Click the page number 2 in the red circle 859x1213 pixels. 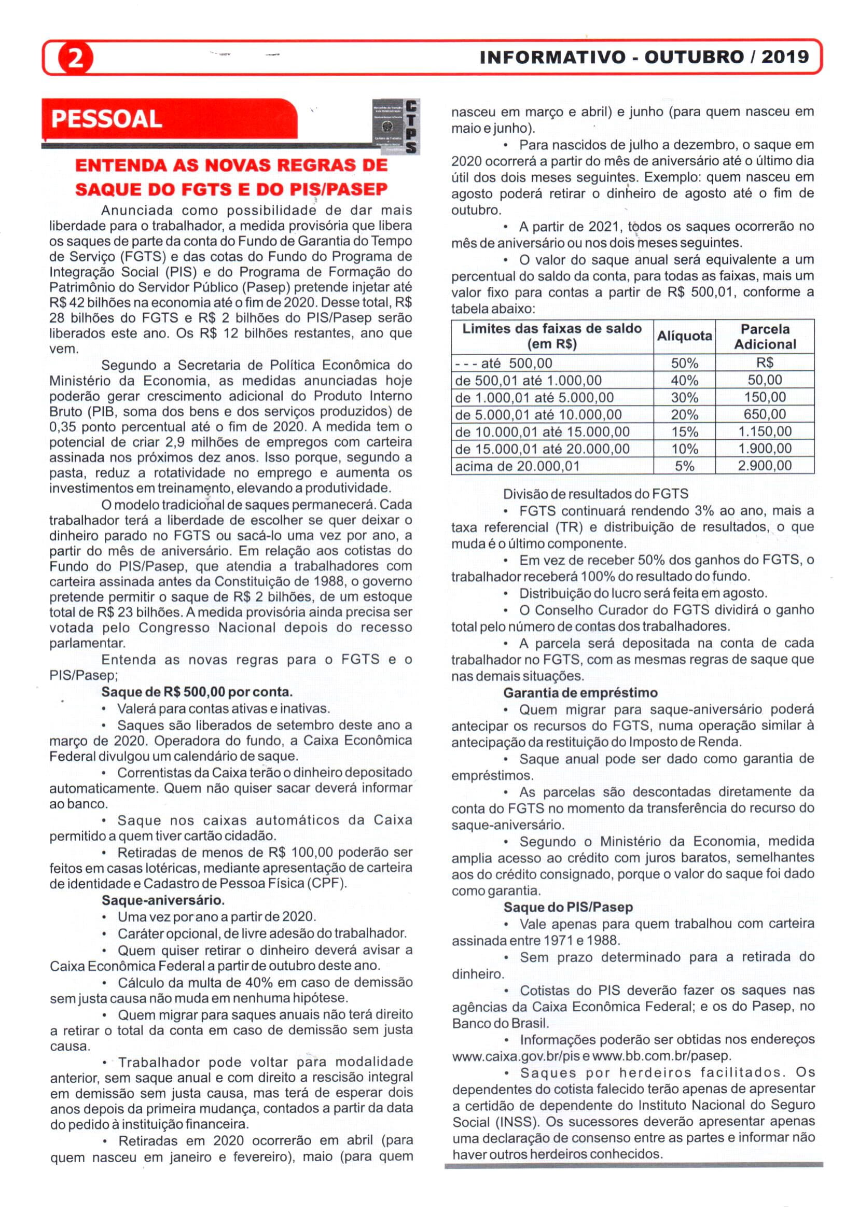(x=76, y=58)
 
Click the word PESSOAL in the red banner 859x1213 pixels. (x=106, y=119)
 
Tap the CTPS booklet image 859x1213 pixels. (x=396, y=127)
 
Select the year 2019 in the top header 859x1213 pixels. (x=785, y=57)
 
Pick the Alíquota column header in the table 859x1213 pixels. (x=684, y=336)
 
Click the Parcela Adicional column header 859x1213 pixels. (x=764, y=336)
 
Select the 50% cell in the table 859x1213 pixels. (x=684, y=363)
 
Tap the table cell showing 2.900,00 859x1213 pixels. (x=764, y=466)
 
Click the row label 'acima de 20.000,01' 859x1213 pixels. (x=517, y=466)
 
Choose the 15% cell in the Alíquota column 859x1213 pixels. (x=684, y=432)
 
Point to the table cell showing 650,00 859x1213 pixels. (x=764, y=414)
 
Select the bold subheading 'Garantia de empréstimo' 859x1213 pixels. (x=580, y=693)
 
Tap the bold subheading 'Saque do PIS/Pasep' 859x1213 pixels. (x=567, y=908)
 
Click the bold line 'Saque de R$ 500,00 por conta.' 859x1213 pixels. (x=197, y=692)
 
